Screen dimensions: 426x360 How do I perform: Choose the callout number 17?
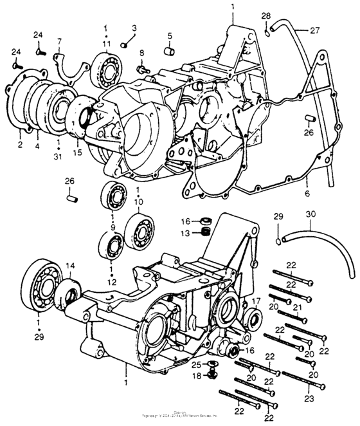click(x=255, y=300)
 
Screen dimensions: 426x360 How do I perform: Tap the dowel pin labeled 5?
click(x=170, y=51)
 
